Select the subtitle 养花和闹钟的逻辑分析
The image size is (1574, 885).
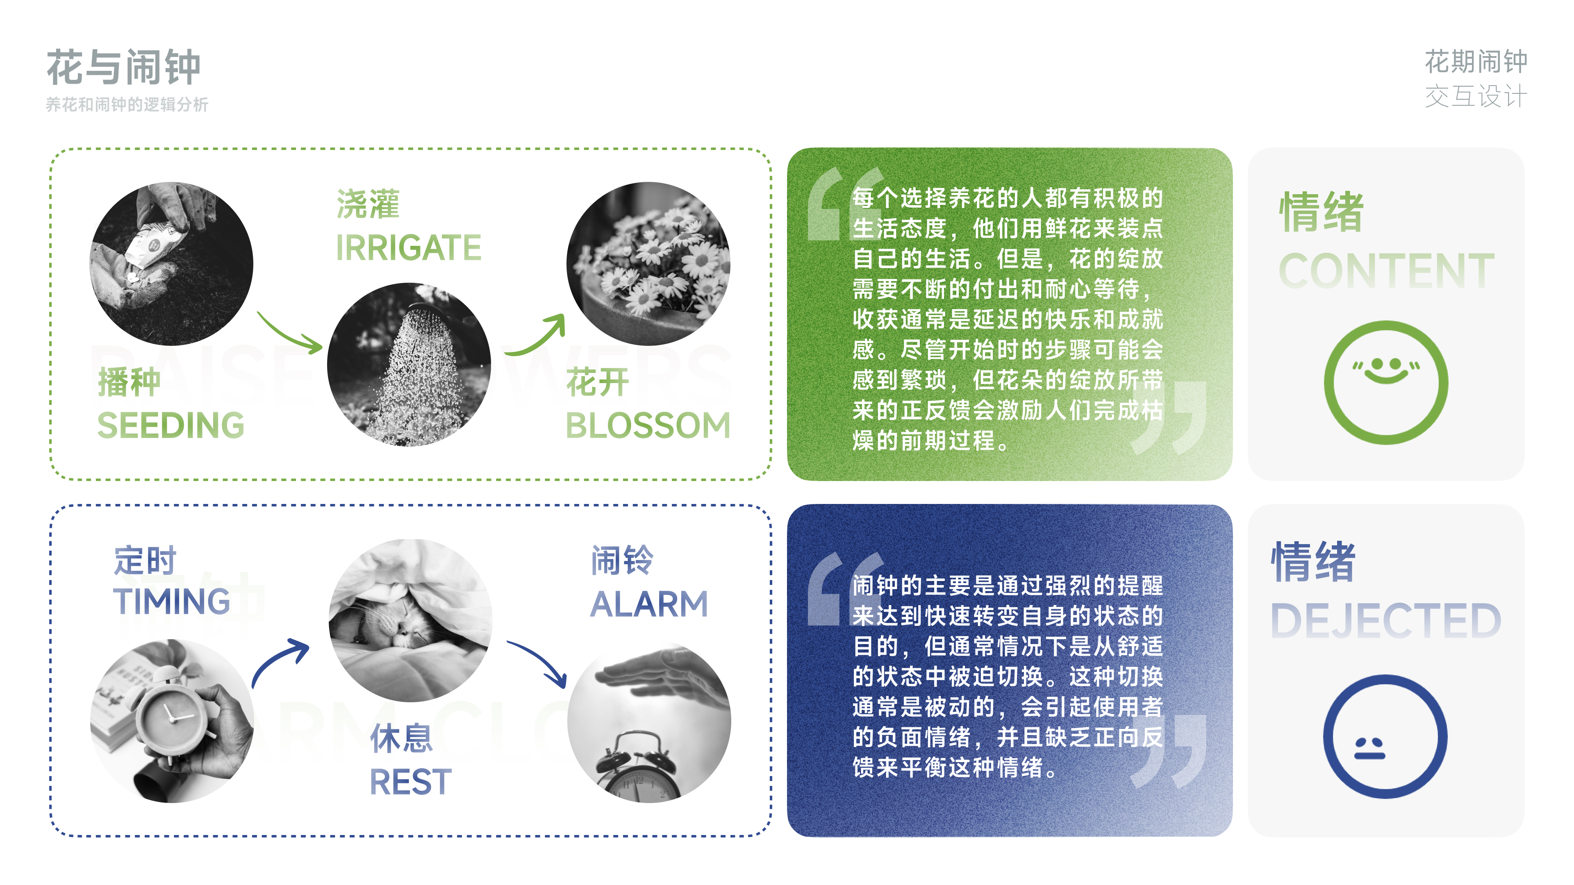[127, 104]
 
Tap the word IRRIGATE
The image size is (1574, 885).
[408, 247]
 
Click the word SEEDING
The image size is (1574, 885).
[171, 425]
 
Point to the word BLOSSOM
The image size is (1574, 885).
[648, 425]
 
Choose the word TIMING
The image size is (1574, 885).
[172, 601]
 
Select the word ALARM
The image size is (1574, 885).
[649, 604]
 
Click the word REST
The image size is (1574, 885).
[411, 782]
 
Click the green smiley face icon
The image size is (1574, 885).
[1386, 382]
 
